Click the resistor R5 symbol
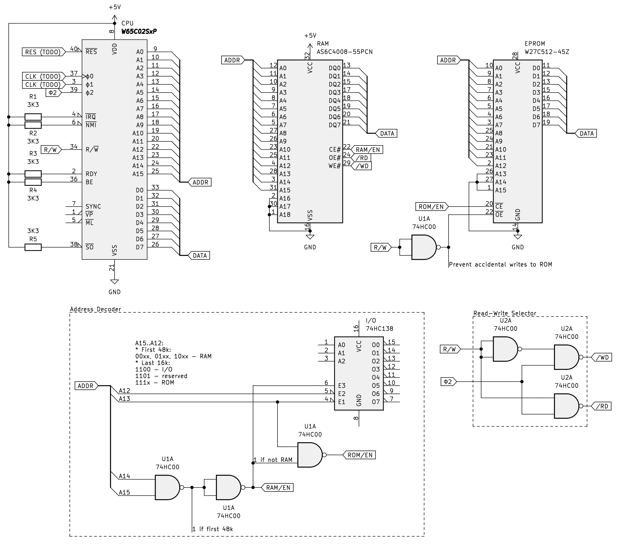pyautogui.click(x=33, y=247)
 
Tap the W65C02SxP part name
pyautogui.click(x=139, y=31)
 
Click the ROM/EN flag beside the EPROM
pyautogui.click(x=431, y=207)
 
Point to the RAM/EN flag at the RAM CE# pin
pyautogui.click(x=367, y=150)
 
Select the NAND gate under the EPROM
pyautogui.click(x=424, y=247)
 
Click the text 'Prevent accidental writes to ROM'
pyautogui.click(x=500, y=264)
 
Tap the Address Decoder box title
pyautogui.click(x=96, y=309)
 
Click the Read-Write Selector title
pyautogui.click(x=505, y=313)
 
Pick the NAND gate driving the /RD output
pyautogui.click(x=566, y=406)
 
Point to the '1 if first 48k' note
pyautogui.click(x=213, y=529)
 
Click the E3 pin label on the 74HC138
pyautogui.click(x=342, y=386)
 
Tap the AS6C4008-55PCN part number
pyautogui.click(x=344, y=52)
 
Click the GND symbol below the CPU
pyautogui.click(x=115, y=282)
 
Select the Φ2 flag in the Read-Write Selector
pyautogui.click(x=448, y=382)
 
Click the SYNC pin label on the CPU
pyautogui.click(x=93, y=207)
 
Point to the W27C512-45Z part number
pyautogui.click(x=547, y=52)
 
